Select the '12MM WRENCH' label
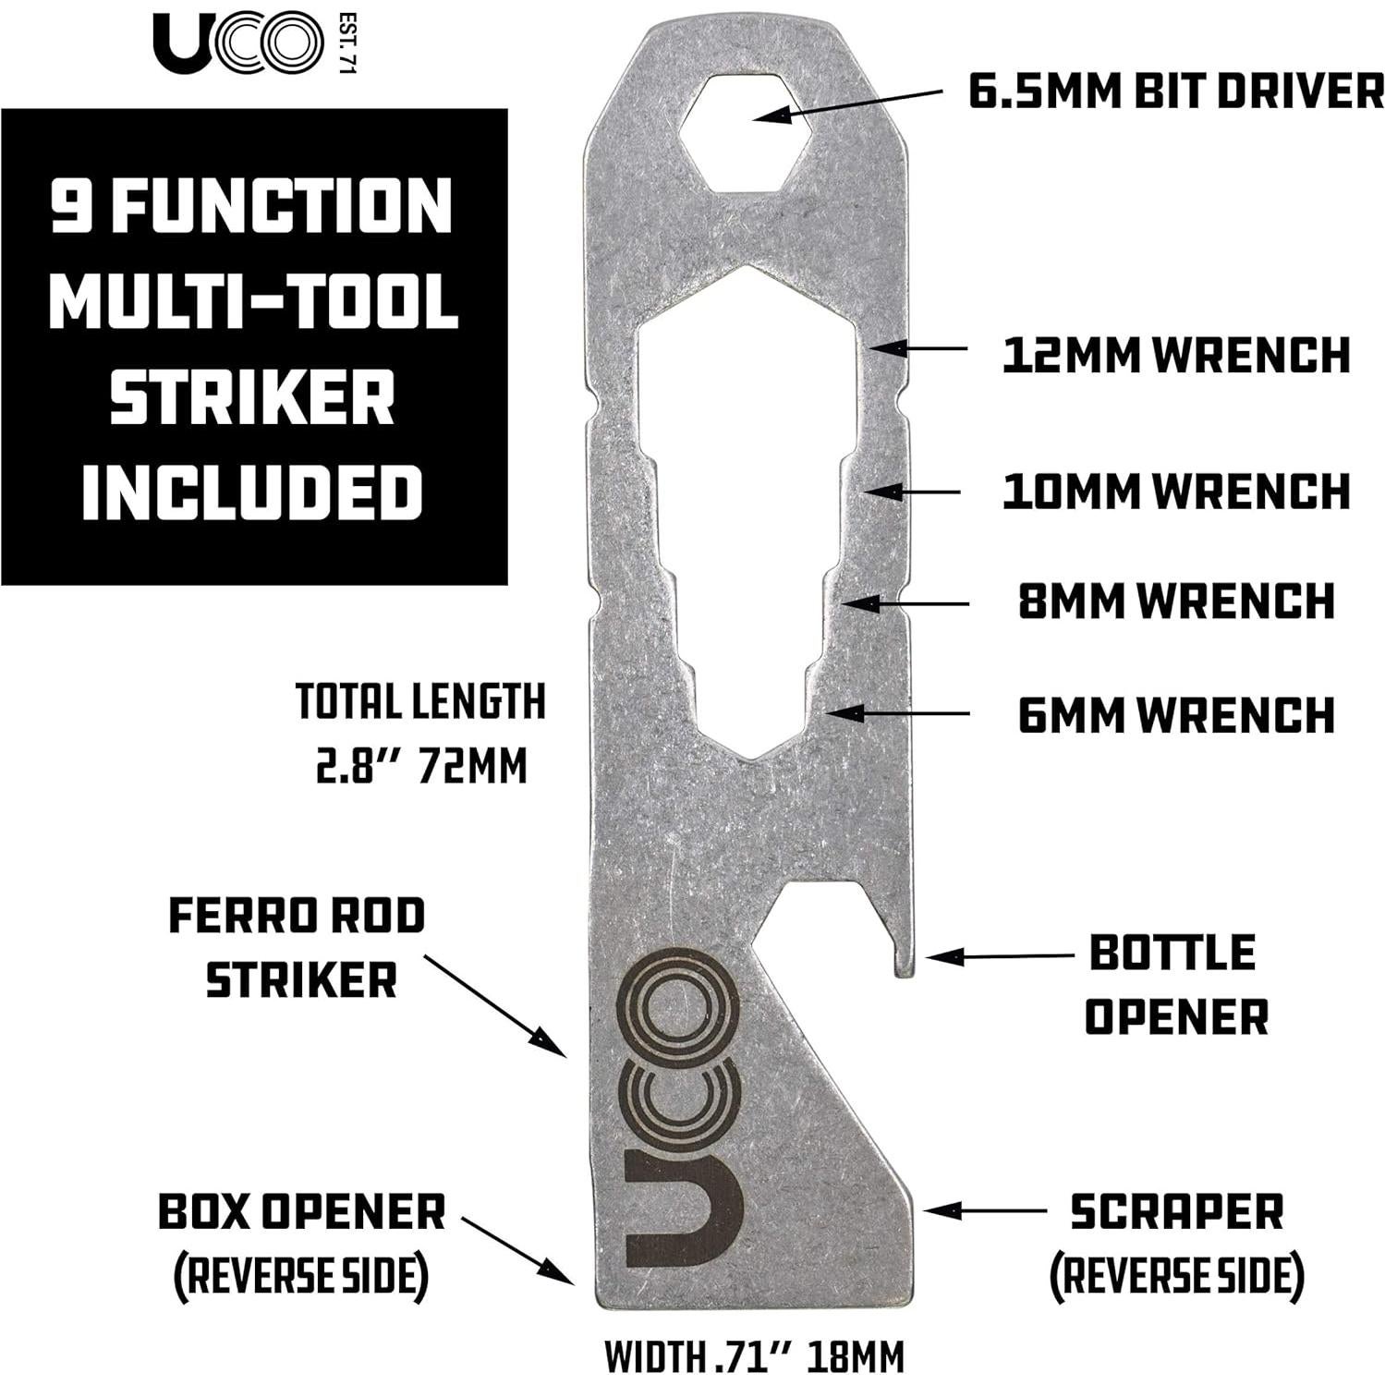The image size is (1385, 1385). click(1175, 355)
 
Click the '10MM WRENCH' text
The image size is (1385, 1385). click(1175, 490)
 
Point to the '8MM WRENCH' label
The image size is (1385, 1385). click(1175, 601)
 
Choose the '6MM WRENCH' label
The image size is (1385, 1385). click(1175, 714)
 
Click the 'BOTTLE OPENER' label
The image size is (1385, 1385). click(1173, 985)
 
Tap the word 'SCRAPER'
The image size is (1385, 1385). click(1176, 1211)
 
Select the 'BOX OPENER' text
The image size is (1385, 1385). click(301, 1211)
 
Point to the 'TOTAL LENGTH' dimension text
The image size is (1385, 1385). click(420, 703)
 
